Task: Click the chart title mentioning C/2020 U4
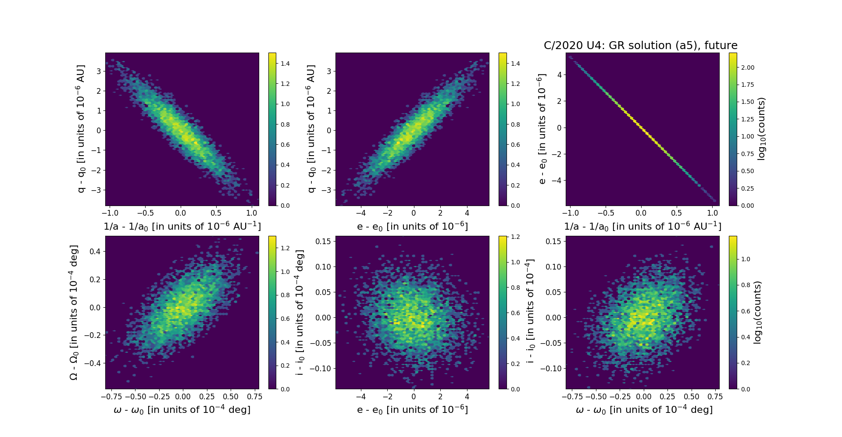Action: tap(640, 46)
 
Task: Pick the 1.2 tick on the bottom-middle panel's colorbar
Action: tap(515, 237)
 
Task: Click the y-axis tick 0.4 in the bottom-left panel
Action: tap(95, 252)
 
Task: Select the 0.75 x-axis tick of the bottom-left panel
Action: tap(254, 397)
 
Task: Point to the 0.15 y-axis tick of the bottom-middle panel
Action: tap(324, 241)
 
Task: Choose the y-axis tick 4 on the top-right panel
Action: tap(559, 75)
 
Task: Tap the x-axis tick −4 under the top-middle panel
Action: tap(360, 213)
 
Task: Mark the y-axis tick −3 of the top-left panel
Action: tap(96, 190)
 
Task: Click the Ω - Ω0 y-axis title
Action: tap(74, 313)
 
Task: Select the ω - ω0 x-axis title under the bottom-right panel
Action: tap(644, 410)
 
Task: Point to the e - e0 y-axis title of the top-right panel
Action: tap(542, 129)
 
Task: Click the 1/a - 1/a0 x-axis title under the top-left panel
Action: tap(182, 227)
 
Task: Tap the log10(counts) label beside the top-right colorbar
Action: tap(761, 129)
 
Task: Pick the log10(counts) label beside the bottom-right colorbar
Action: tap(757, 313)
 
